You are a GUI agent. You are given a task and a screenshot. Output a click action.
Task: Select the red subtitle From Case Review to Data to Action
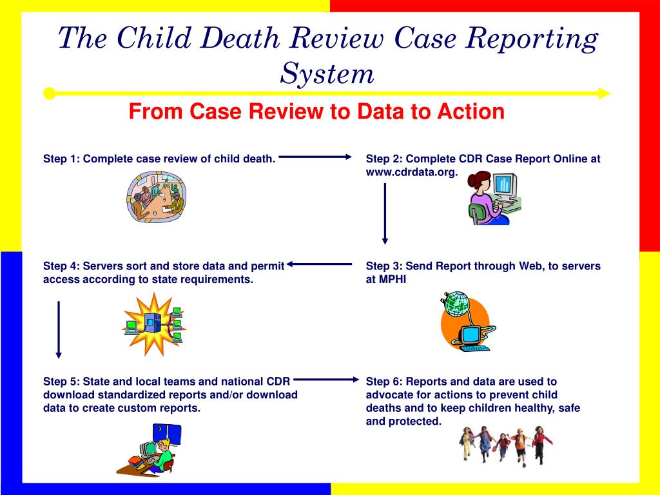(316, 112)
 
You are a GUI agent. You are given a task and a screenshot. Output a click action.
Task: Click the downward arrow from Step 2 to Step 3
(385, 213)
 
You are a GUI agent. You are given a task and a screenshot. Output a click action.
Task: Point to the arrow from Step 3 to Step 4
(320, 263)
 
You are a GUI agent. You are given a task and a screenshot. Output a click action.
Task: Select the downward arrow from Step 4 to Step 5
(59, 329)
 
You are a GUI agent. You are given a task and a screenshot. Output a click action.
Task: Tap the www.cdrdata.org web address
(411, 171)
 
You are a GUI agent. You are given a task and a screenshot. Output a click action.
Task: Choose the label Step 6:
(384, 382)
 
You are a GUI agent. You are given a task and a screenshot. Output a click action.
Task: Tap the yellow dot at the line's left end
(49, 94)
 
